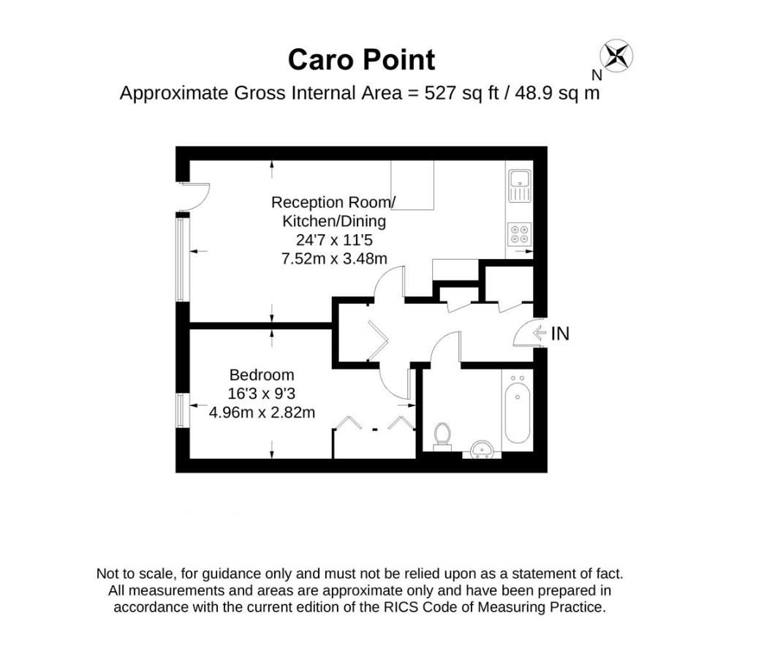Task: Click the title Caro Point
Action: (361, 60)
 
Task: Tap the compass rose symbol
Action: (617, 55)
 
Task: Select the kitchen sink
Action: (520, 186)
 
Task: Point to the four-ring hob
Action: (520, 234)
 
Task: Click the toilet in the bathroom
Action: (442, 436)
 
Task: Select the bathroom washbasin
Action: (482, 450)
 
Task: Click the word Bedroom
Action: (262, 375)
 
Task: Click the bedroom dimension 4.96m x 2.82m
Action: (262, 412)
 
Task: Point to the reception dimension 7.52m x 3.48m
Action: (334, 258)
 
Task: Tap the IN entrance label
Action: (560, 334)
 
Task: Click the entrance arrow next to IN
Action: (540, 334)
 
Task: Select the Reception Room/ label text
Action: (333, 203)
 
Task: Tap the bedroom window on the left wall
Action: (182, 410)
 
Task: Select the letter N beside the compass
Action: (597, 75)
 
